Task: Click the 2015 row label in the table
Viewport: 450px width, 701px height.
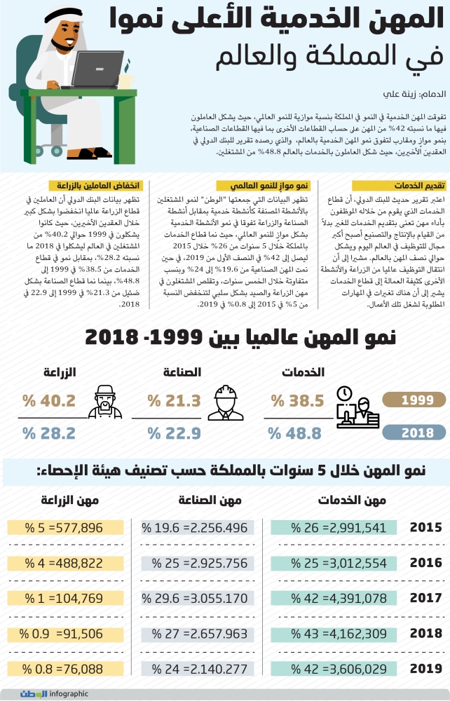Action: tap(425, 528)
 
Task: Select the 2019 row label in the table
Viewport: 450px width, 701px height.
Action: tap(425, 668)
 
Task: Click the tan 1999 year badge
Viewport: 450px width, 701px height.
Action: tap(414, 401)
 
